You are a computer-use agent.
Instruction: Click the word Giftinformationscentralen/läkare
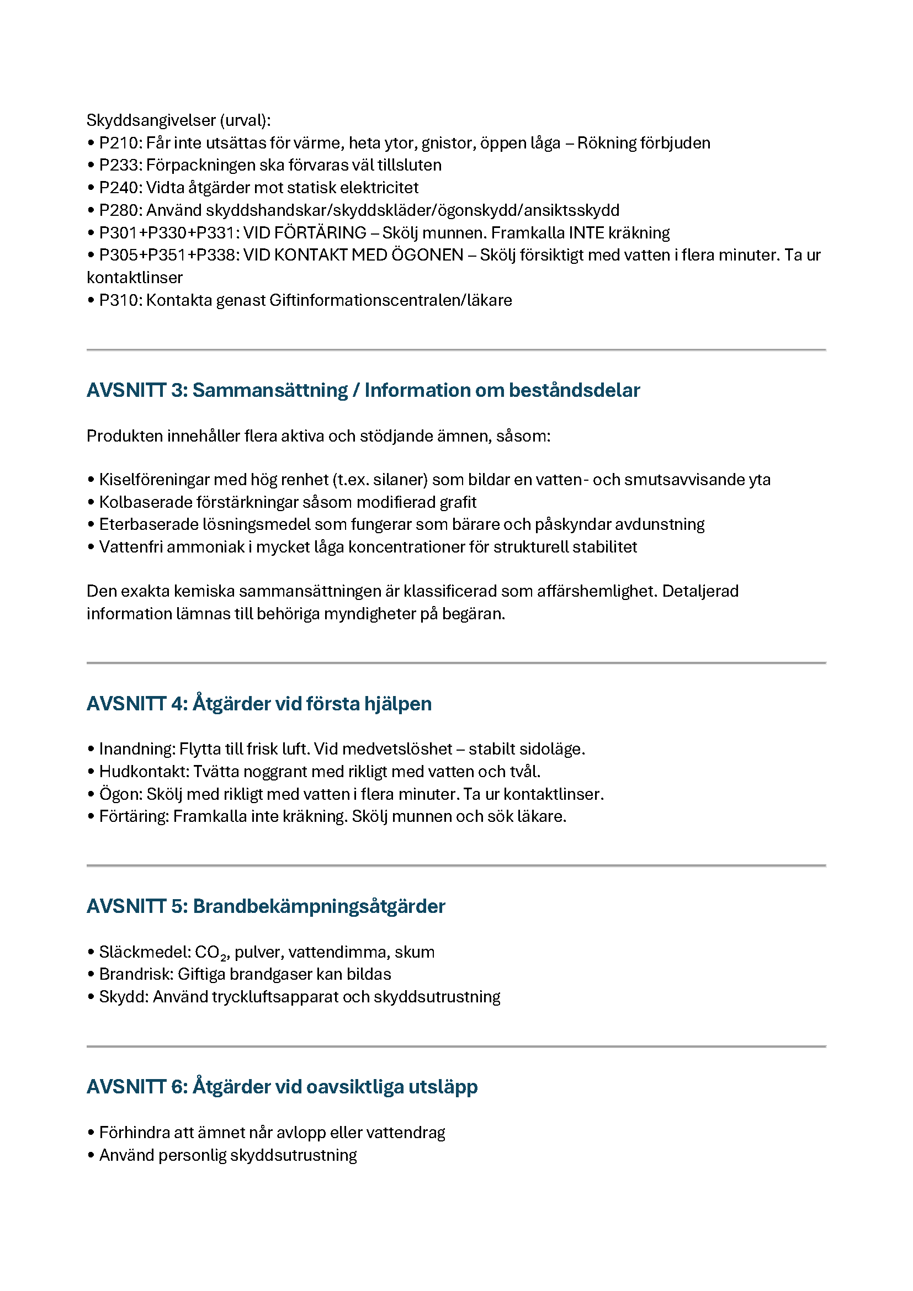pos(391,300)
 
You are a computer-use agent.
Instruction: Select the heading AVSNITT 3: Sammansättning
pos(217,390)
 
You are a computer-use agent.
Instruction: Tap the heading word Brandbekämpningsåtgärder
pos(319,906)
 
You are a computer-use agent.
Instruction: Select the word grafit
pos(459,502)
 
